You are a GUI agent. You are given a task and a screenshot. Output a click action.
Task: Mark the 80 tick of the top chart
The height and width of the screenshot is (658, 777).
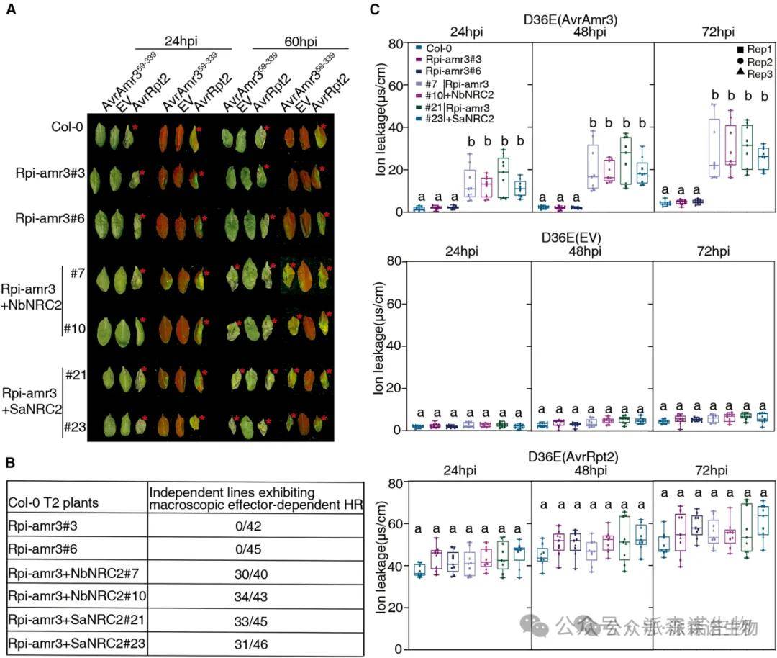click(394, 44)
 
